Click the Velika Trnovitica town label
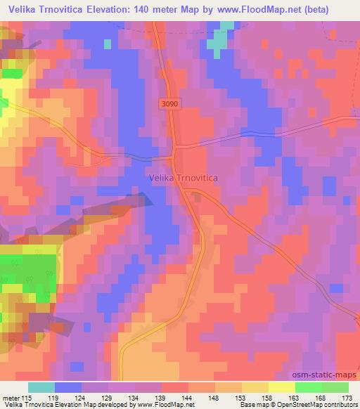coord(184,178)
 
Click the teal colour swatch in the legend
coord(41,387)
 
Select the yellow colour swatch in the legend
coord(281,387)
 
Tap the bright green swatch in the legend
coord(307,387)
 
